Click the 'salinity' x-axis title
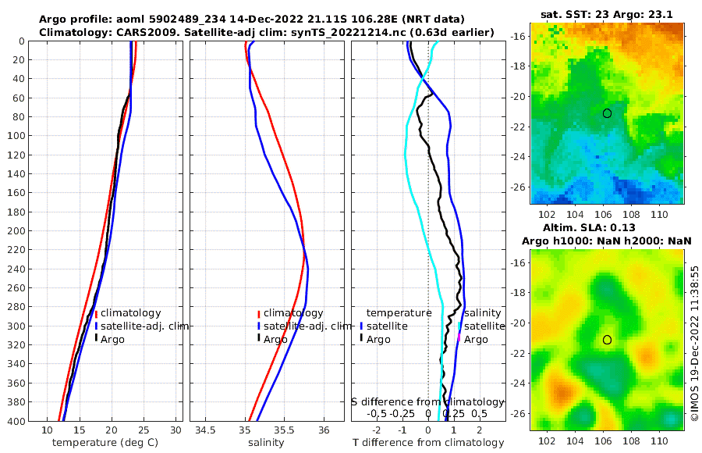click(x=267, y=443)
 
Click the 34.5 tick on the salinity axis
click(x=206, y=430)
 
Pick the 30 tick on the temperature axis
click(x=175, y=430)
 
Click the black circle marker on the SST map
click(x=607, y=113)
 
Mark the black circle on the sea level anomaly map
click(x=607, y=340)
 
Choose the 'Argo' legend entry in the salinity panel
click(x=275, y=340)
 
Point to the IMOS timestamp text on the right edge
click(x=694, y=344)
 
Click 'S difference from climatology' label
click(x=427, y=401)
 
